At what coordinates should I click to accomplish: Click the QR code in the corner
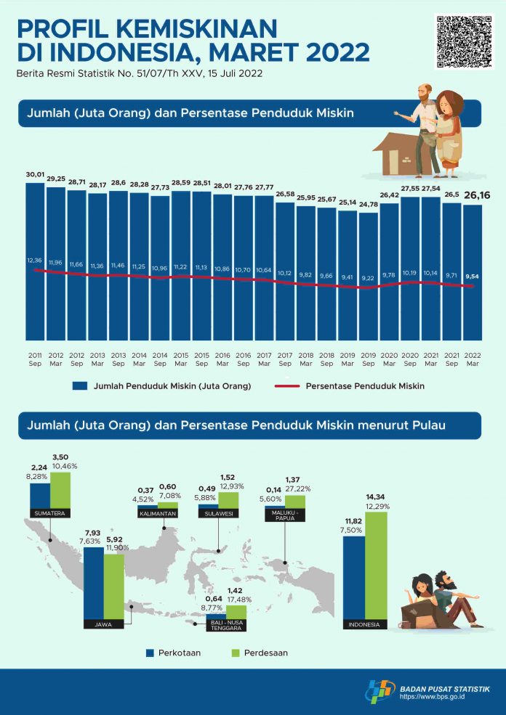tap(464, 41)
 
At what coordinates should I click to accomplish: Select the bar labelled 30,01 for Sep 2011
tap(35, 261)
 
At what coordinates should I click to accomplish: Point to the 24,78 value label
tap(369, 206)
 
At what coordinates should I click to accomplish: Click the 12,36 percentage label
tap(35, 260)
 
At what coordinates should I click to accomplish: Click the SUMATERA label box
tap(49, 513)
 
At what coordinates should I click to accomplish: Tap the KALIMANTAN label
tap(158, 513)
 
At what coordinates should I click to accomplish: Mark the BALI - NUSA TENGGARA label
tap(225, 625)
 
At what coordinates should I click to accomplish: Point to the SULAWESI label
tap(217, 513)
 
